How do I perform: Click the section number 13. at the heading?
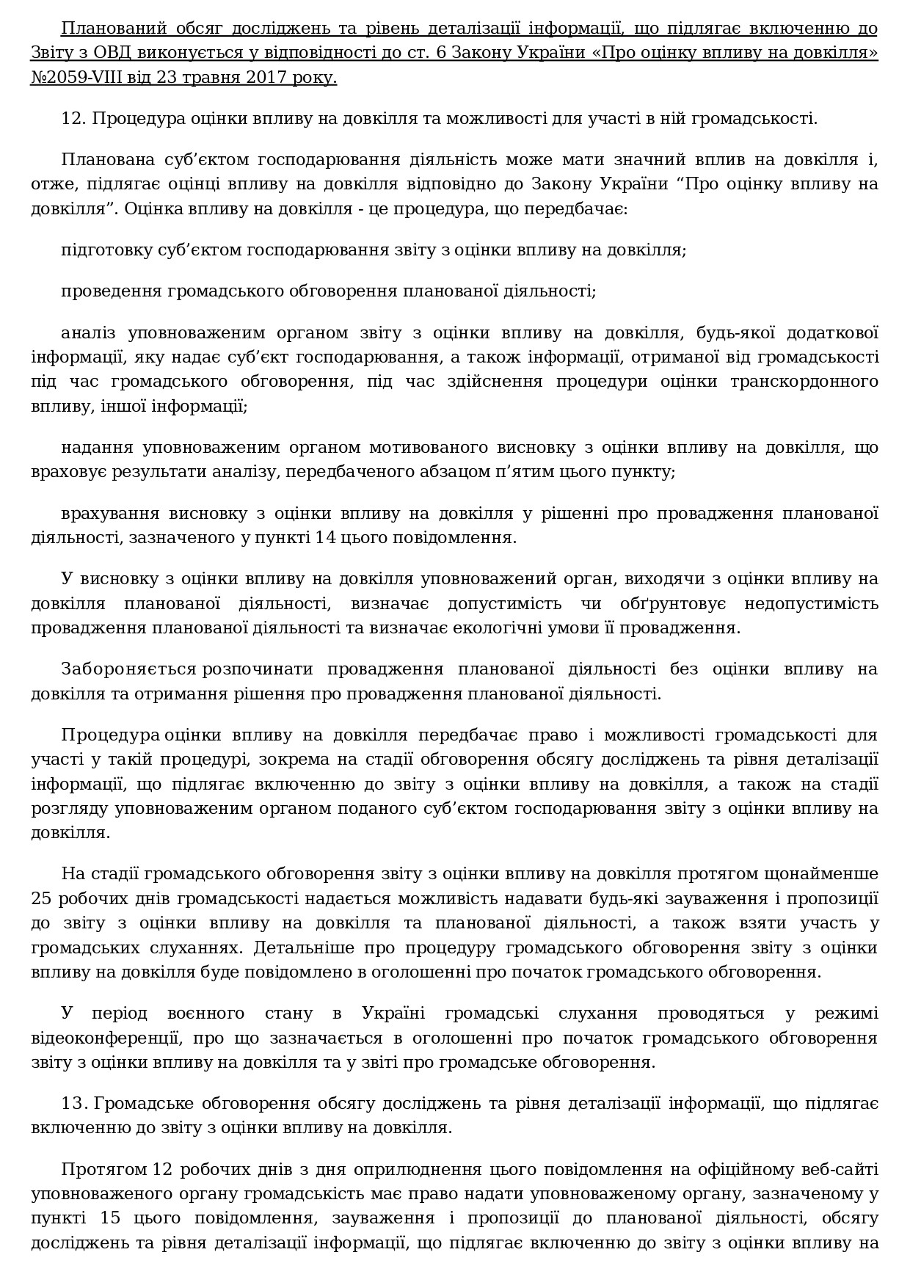click(75, 1103)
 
